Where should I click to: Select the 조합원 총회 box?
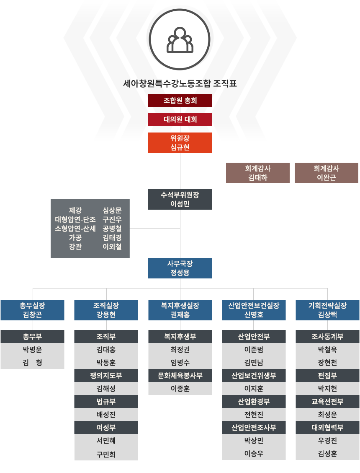pyautogui.click(x=180, y=101)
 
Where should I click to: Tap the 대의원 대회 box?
pyautogui.click(x=180, y=119)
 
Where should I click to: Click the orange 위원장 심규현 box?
pyautogui.click(x=180, y=143)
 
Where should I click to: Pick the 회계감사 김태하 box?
pyautogui.click(x=257, y=173)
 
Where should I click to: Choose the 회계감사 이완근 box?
pyautogui.click(x=326, y=173)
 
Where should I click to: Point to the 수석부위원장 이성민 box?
pyautogui.click(x=180, y=199)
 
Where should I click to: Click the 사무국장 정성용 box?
pyautogui.click(x=180, y=268)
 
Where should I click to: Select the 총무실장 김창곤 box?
pyautogui.click(x=32, y=310)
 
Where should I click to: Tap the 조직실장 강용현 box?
pyautogui.click(x=106, y=310)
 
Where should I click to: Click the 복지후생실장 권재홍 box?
pyautogui.click(x=180, y=310)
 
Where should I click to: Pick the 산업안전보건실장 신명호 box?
pyautogui.click(x=254, y=310)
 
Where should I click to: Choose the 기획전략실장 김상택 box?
pyautogui.click(x=327, y=310)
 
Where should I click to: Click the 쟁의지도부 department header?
pyautogui.click(x=106, y=375)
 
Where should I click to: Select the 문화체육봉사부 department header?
pyautogui.click(x=180, y=375)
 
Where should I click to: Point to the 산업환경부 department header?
pyautogui.click(x=254, y=401)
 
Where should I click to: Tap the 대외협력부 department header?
pyautogui.click(x=327, y=427)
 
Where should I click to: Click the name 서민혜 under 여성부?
pyautogui.click(x=106, y=440)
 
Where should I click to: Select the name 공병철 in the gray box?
pyautogui.click(x=112, y=229)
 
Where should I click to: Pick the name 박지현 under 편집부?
pyautogui.click(x=327, y=388)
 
